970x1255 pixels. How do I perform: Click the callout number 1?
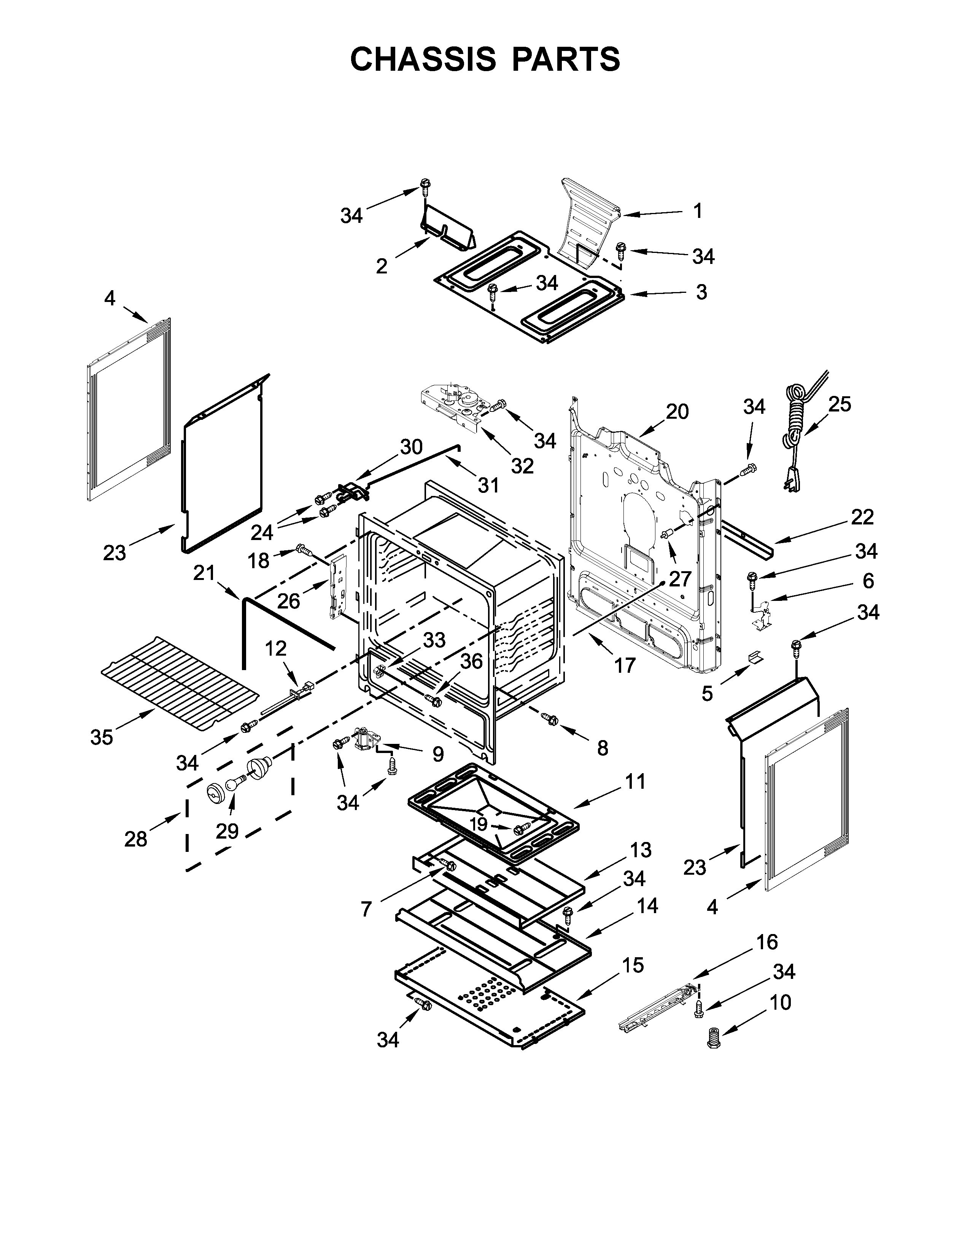click(x=698, y=211)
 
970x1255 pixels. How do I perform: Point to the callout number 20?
click(x=677, y=412)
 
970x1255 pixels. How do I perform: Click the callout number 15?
click(x=632, y=965)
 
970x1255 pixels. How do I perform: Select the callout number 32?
click(x=522, y=466)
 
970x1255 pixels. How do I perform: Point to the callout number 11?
click(x=634, y=782)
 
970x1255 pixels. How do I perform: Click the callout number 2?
click(x=382, y=266)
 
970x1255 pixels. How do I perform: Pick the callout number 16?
click(x=766, y=942)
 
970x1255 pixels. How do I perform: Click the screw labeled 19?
click(x=522, y=828)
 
